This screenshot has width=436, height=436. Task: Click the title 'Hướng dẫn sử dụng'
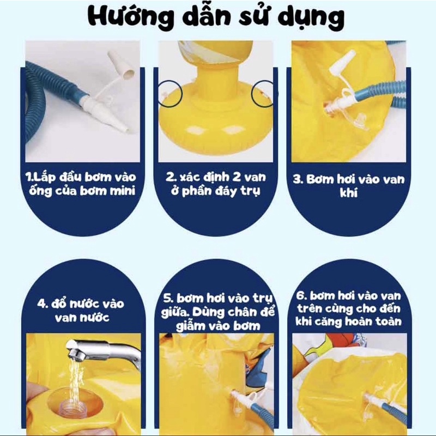[x=216, y=17]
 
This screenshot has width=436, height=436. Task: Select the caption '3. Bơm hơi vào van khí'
[x=349, y=185]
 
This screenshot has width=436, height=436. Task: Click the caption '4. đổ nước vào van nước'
[x=81, y=310]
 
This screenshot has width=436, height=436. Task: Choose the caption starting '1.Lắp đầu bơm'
[x=81, y=184]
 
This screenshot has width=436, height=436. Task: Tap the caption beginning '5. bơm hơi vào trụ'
[x=218, y=311]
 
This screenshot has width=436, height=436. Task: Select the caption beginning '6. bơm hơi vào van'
[x=349, y=308]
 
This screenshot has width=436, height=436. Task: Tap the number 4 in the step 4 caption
[x=42, y=304]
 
